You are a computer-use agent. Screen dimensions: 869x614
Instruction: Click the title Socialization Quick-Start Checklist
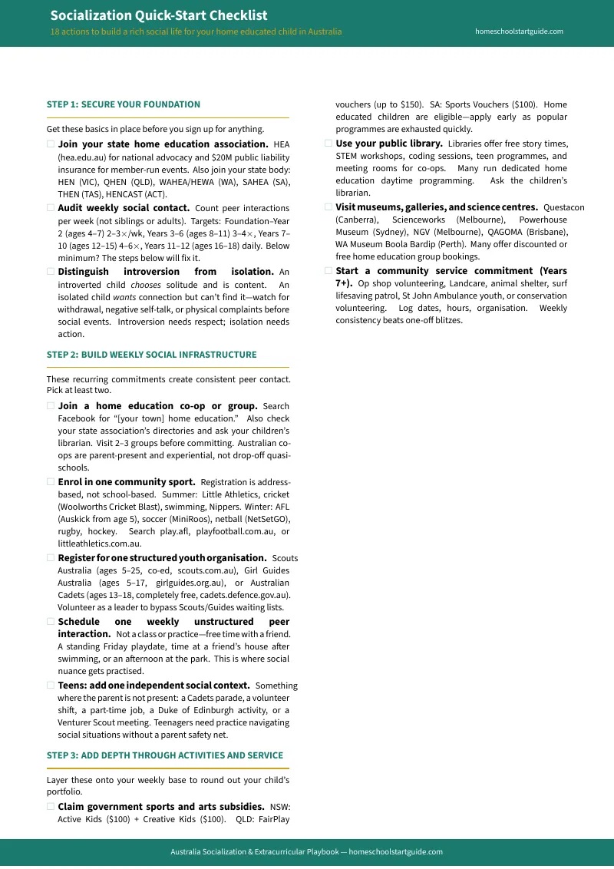coord(159,15)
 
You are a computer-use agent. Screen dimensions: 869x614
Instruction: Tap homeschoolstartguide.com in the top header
coord(519,31)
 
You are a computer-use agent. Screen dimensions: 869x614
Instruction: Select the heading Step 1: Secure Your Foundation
coord(124,104)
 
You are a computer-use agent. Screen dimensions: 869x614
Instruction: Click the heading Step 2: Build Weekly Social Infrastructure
coord(151,355)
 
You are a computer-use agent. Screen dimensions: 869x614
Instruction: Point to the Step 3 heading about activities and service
coord(164,755)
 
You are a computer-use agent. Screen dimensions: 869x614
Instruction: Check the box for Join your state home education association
coord(51,144)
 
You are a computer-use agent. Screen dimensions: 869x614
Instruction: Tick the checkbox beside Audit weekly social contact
coord(51,208)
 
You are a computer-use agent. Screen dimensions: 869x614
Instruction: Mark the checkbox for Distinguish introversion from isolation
coord(51,272)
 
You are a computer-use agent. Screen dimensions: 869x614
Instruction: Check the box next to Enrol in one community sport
coord(51,482)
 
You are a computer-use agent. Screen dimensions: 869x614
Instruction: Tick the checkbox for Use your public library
coord(328,144)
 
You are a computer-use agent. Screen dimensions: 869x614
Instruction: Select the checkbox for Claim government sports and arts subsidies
coord(51,807)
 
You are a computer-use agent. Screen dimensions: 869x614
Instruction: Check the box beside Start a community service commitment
coord(328,271)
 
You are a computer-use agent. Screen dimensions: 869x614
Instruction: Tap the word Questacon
coord(563,207)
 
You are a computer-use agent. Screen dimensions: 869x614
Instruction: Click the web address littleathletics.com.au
coord(100,544)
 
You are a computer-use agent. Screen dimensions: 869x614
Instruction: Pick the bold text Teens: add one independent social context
coord(153,686)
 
